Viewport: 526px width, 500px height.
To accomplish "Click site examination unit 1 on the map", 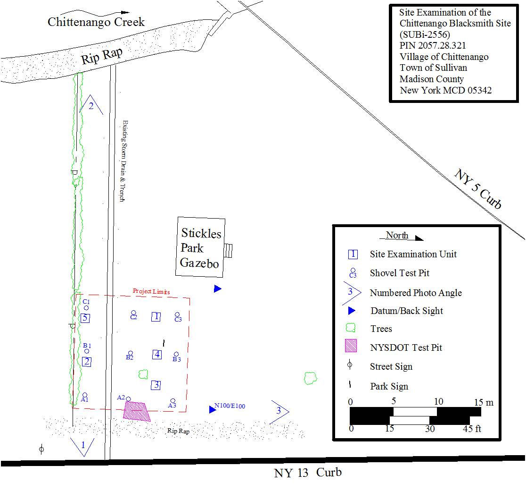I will point(156,316).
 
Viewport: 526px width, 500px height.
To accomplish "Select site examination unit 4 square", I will point(157,354).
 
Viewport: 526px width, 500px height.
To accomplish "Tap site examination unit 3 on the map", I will point(156,385).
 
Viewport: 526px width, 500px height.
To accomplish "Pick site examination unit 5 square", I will point(85,318).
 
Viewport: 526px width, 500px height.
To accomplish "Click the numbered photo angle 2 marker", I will point(91,106).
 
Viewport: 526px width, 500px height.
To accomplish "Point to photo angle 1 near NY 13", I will point(82,446).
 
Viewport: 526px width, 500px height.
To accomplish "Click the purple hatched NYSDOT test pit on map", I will point(136,411).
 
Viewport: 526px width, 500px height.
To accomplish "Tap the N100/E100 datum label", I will point(230,406).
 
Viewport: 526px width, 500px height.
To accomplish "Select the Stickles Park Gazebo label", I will point(200,248).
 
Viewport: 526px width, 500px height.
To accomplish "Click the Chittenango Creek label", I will point(96,22).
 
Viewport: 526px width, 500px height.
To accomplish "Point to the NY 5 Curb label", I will point(477,188).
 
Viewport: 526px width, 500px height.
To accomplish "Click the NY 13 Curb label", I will point(308,473).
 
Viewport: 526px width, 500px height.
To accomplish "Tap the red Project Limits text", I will point(151,291).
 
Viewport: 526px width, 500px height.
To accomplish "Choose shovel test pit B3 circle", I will point(176,354).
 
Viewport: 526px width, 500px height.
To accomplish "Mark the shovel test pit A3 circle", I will point(173,401).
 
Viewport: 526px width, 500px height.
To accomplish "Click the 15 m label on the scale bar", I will point(484,402).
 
